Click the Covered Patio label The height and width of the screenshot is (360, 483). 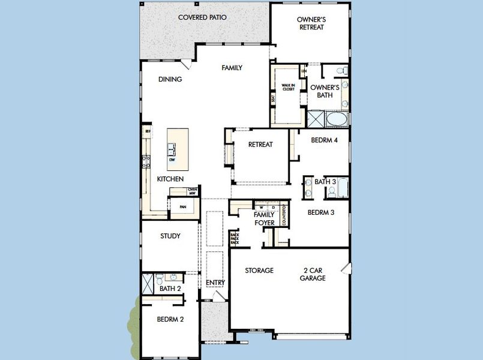[x=202, y=17]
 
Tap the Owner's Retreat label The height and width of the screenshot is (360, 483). [x=311, y=23]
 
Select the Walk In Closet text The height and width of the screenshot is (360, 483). [x=289, y=87]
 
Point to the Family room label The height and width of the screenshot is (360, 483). [x=232, y=68]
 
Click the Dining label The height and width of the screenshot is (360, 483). [x=170, y=79]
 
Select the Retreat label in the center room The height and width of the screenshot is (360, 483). [x=260, y=145]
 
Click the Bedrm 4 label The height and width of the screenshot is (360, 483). [x=325, y=140]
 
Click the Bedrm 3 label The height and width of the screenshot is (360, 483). [x=321, y=212]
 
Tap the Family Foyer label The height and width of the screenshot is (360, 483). [x=264, y=218]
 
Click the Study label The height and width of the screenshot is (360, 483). [x=170, y=236]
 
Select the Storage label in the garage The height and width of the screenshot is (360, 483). [x=259, y=271]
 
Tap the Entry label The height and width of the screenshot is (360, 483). [x=214, y=283]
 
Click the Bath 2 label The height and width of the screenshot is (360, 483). [x=170, y=289]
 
